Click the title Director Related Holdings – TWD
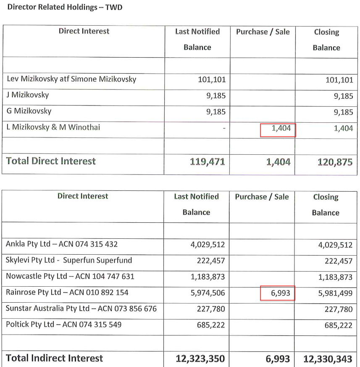[x=65, y=7]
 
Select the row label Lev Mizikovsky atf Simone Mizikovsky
[x=71, y=79]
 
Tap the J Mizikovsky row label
[x=28, y=95]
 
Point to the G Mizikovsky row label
[x=29, y=111]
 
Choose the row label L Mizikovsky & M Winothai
[x=53, y=127]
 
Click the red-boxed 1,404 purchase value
[x=278, y=129]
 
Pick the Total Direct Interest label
[x=51, y=161]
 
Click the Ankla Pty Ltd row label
[x=62, y=244]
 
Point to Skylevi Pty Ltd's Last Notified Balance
[x=211, y=261]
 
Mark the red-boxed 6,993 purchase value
[x=278, y=293]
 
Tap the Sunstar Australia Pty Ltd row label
[x=81, y=309]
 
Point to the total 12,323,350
[x=200, y=359]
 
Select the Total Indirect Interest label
[x=54, y=358]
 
